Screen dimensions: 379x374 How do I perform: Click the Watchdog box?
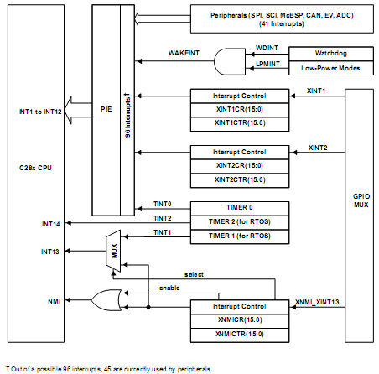point(331,54)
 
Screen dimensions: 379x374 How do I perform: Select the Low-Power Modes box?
point(331,68)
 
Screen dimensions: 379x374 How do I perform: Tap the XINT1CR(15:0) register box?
point(240,110)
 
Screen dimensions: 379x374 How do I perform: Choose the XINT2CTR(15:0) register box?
point(240,180)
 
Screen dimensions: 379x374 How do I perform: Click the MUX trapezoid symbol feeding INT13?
point(113,251)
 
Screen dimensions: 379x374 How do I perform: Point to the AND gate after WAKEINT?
point(230,61)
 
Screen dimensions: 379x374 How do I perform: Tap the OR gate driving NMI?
point(106,300)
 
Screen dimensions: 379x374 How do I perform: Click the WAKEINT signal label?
point(184,53)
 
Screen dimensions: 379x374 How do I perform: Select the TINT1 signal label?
point(163,232)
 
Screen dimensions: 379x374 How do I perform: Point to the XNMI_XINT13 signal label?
point(317,302)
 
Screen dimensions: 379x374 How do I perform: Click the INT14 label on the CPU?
point(51,224)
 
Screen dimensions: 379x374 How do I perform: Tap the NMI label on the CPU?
point(55,301)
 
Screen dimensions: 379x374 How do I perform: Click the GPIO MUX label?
point(361,200)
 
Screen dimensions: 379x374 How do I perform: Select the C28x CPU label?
point(35,168)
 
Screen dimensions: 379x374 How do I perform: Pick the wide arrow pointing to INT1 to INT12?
point(78,111)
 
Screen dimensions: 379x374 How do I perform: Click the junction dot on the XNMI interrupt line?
point(148,307)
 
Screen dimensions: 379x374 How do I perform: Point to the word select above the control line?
point(194,275)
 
